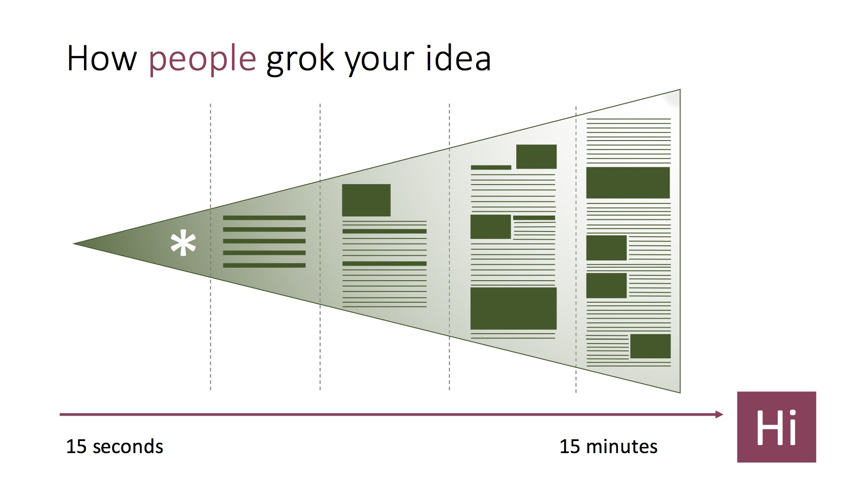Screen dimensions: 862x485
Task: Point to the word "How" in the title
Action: click(102, 58)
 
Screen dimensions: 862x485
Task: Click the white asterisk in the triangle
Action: click(183, 244)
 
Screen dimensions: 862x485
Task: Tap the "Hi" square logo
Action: click(776, 427)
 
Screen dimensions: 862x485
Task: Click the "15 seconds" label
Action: click(115, 447)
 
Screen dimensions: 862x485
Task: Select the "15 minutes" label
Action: click(608, 447)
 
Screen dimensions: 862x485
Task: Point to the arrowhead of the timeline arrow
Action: click(719, 414)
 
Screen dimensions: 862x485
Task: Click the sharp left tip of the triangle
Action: click(74, 244)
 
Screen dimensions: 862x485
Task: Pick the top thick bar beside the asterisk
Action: click(264, 218)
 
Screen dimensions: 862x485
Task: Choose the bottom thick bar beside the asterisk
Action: click(264, 266)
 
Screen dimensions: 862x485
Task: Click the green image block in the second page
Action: click(366, 200)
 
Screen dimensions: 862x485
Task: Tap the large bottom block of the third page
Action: click(513, 308)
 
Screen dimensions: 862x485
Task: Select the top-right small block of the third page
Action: click(536, 156)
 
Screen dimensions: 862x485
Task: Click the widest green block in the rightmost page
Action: click(628, 183)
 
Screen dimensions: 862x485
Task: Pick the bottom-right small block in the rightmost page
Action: click(650, 346)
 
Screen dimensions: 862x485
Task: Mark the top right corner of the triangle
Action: click(680, 90)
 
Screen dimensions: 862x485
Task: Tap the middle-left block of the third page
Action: click(490, 227)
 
